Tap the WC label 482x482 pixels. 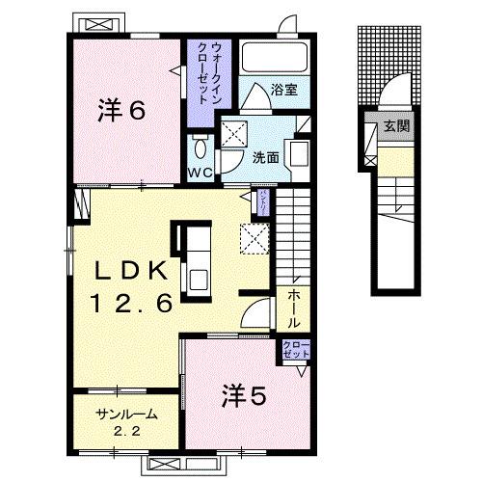(201, 174)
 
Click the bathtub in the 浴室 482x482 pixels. (272, 57)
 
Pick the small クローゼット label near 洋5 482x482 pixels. (295, 350)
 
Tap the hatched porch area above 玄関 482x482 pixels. (390, 63)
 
